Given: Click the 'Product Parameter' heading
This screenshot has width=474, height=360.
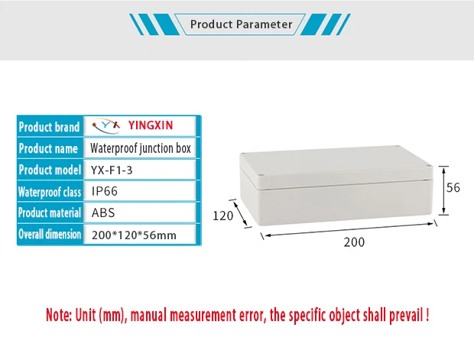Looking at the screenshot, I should (x=241, y=24).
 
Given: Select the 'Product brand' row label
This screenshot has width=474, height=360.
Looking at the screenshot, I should (x=50, y=127).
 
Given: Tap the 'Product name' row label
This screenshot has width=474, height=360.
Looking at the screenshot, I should (x=48, y=148).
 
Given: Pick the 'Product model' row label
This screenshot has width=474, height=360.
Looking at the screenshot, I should (x=50, y=170).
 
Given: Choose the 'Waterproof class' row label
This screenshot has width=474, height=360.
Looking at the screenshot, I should (x=50, y=192).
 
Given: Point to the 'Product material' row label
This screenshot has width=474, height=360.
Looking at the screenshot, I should (x=50, y=213).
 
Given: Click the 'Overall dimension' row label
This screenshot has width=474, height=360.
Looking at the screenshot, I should (x=50, y=235).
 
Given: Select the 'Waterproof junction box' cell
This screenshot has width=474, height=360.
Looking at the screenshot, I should (x=141, y=148).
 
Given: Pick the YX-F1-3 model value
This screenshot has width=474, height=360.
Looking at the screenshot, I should (x=112, y=170).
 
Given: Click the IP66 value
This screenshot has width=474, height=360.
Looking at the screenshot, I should (x=105, y=192).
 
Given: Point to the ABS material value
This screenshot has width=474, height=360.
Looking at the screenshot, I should (x=103, y=213).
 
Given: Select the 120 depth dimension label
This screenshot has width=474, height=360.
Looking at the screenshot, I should (x=222, y=216).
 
